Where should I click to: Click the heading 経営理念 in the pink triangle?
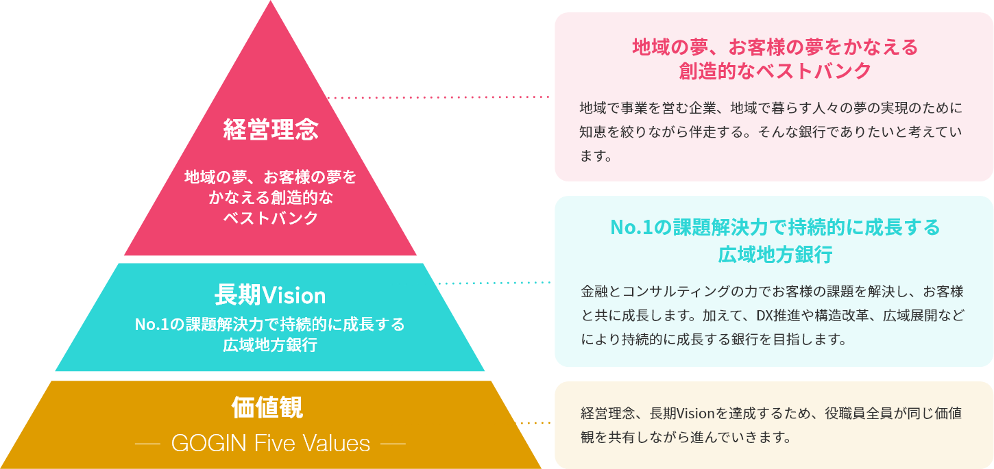(x=271, y=129)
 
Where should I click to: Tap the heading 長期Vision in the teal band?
(x=270, y=295)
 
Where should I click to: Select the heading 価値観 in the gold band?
(x=267, y=407)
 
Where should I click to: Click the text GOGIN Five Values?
(x=271, y=443)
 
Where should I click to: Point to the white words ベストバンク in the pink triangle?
(x=271, y=218)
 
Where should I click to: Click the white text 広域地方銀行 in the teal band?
(x=270, y=345)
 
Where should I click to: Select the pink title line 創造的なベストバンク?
(x=775, y=71)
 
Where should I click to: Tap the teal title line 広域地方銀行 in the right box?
(x=775, y=254)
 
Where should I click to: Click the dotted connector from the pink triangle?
(x=439, y=97)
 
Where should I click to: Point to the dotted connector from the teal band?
(x=494, y=283)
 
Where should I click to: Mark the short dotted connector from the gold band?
(x=535, y=423)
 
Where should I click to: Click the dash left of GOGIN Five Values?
(x=147, y=443)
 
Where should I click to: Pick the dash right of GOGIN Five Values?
(x=393, y=443)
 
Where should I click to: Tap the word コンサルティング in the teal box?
(x=676, y=292)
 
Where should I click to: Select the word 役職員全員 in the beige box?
(x=859, y=413)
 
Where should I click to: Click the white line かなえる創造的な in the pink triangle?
(x=271, y=198)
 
